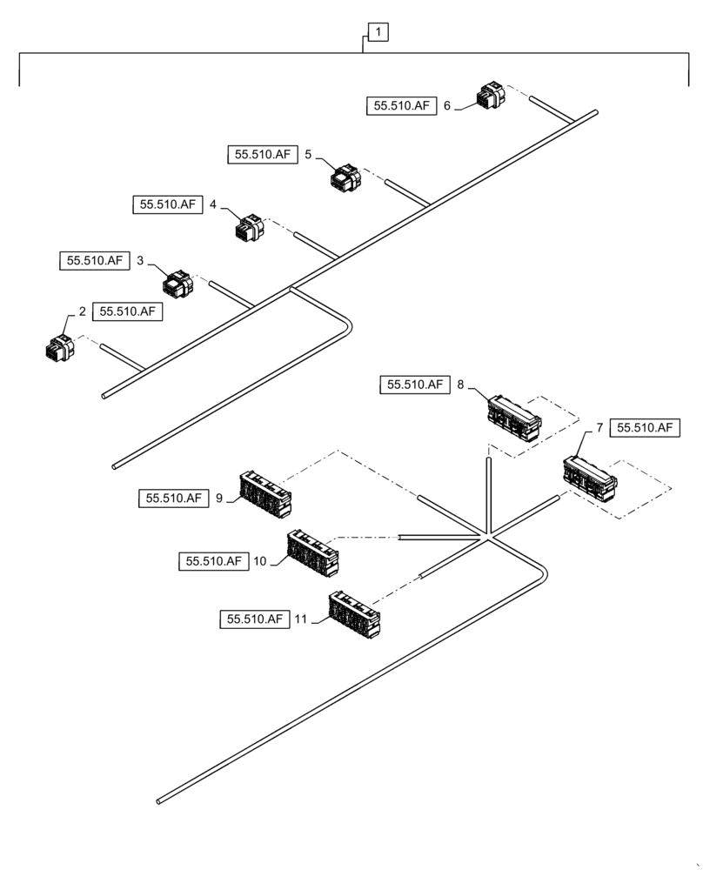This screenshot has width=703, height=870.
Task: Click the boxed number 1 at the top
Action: (379, 33)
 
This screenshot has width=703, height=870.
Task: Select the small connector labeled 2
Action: (60, 347)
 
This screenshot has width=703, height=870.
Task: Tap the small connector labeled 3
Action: (179, 283)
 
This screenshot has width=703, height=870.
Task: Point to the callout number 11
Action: (300, 619)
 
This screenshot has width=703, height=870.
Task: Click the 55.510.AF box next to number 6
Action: (401, 106)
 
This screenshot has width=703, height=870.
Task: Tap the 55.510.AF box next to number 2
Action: (127, 311)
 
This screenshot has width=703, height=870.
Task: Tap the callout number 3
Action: (140, 260)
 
